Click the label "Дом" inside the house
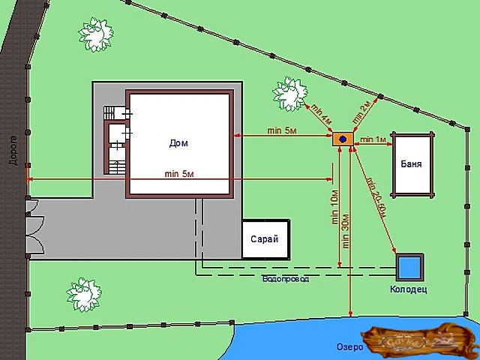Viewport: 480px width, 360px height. point(178,142)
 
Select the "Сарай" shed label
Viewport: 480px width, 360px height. point(264,239)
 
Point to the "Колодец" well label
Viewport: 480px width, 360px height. point(409,289)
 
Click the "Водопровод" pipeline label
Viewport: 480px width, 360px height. point(285,279)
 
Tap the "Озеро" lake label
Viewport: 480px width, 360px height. point(349,346)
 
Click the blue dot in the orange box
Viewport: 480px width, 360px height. point(343,139)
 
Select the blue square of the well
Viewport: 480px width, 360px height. point(410,266)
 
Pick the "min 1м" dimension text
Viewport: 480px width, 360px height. point(373,139)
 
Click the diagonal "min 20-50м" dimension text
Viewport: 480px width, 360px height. point(375,196)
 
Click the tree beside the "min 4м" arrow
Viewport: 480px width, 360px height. point(289,93)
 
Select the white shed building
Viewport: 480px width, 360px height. point(263,240)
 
